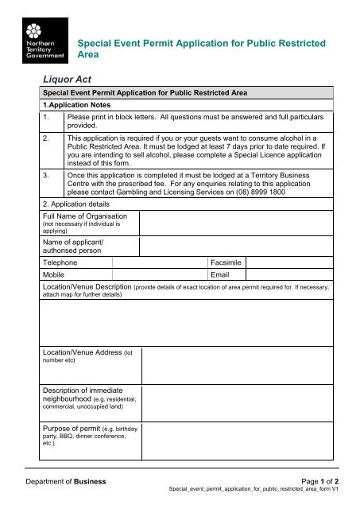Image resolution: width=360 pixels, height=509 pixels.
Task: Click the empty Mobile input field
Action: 159,274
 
